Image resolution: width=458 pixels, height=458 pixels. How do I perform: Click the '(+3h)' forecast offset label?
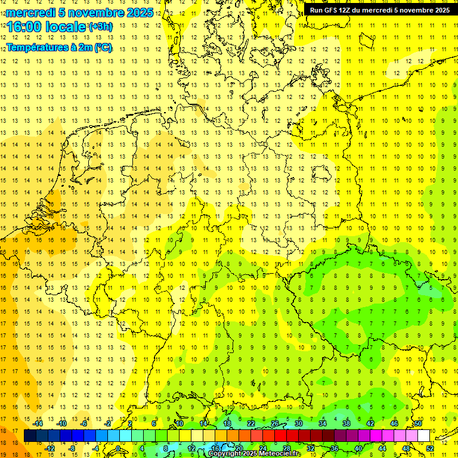(x=100, y=27)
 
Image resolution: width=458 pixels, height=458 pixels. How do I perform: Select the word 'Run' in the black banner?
(x=316, y=10)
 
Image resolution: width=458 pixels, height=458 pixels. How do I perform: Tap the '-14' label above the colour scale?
(x=38, y=423)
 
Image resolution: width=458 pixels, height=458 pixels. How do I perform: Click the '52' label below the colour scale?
(x=430, y=448)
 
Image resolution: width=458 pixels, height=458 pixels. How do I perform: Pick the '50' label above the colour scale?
(x=418, y=423)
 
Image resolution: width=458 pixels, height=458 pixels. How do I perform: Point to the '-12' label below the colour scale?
(x=49, y=448)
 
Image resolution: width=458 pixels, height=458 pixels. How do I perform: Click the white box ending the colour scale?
(x=423, y=436)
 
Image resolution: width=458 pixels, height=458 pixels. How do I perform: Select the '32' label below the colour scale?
(x=311, y=448)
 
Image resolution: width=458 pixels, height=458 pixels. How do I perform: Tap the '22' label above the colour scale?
(x=251, y=423)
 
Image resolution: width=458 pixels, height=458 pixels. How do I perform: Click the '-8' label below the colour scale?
(x=73, y=448)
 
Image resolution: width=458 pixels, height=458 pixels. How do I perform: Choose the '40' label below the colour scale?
(x=358, y=448)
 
